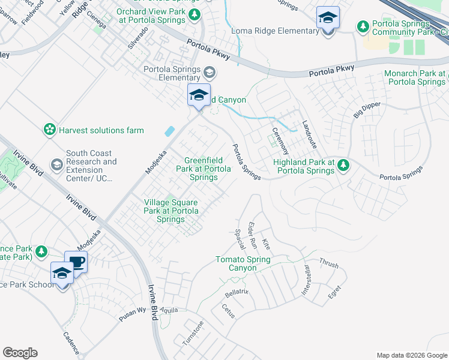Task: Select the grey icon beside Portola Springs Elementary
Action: pyautogui.click(x=209, y=73)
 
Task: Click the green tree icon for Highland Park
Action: pyautogui.click(x=343, y=164)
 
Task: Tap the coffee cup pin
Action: pyautogui.click(x=76, y=262)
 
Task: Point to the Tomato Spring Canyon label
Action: pyautogui.click(x=243, y=263)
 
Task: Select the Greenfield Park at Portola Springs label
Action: pyautogui.click(x=207, y=169)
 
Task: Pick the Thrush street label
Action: pyautogui.click(x=329, y=263)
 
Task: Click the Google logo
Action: pyautogui.click(x=20, y=352)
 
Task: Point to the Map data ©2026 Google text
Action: pyautogui.click(x=411, y=355)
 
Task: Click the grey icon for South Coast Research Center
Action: pyautogui.click(x=56, y=164)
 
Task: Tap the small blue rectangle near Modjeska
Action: pyautogui.click(x=170, y=130)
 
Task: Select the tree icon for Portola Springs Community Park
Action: pyautogui.click(x=363, y=26)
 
